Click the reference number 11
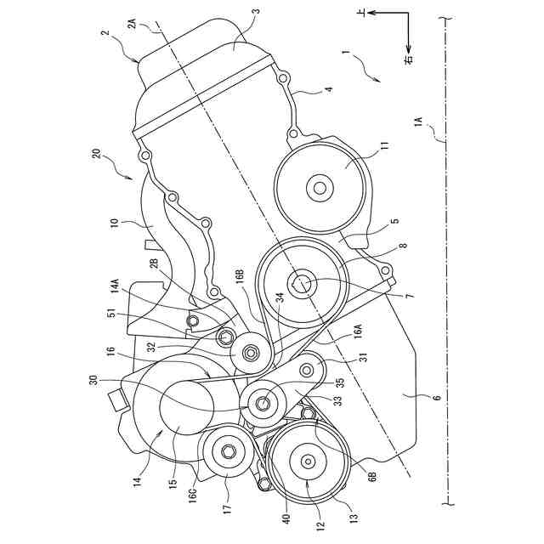tap(383, 146)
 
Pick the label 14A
tap(116, 287)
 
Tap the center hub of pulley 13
tap(306, 461)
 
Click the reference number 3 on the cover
tap(257, 12)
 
